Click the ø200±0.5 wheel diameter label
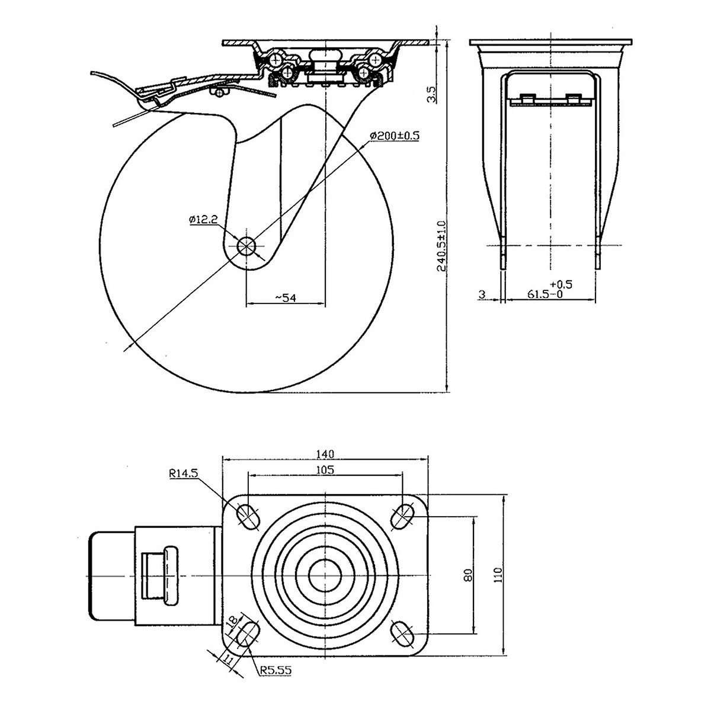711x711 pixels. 394,136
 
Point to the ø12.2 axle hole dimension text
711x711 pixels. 204,219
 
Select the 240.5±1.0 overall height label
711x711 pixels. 441,246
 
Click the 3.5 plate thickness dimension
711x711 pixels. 431,94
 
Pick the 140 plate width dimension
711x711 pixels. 325,454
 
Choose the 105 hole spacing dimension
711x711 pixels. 325,470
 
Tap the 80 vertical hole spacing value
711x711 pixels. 467,575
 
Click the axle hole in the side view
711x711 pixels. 246,246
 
